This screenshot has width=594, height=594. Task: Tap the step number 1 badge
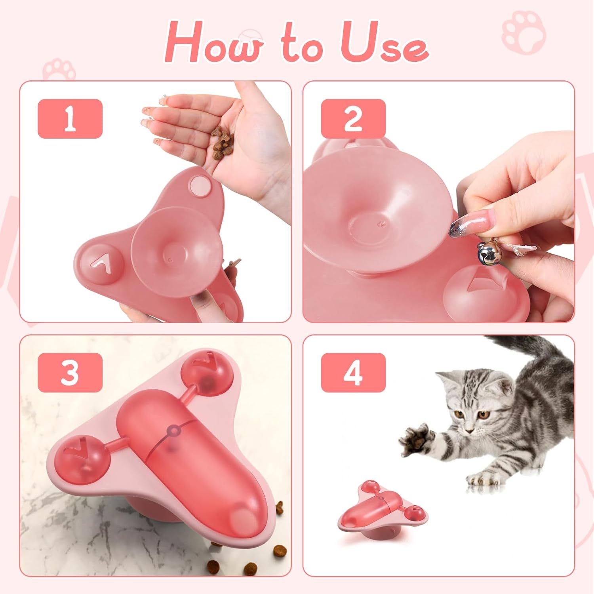point(70,119)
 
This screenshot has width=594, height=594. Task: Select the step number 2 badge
point(353,119)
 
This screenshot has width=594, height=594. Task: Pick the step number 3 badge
point(70,373)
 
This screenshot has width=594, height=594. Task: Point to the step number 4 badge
point(353,373)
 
